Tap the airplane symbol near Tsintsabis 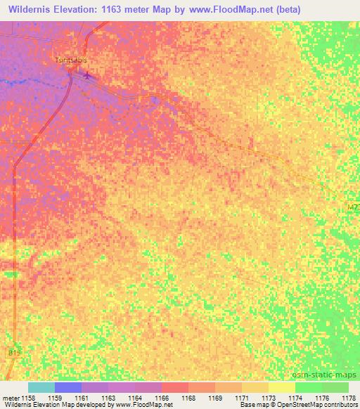click(87, 75)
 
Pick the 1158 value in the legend click(28, 397)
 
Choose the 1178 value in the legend click(348, 397)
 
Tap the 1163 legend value click(108, 397)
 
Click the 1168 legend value click(188, 397)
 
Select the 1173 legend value click(269, 397)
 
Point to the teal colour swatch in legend click(41, 387)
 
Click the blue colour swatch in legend click(68, 387)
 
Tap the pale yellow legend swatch click(282, 387)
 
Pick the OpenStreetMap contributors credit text click(320, 405)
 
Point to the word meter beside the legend click(11, 397)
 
